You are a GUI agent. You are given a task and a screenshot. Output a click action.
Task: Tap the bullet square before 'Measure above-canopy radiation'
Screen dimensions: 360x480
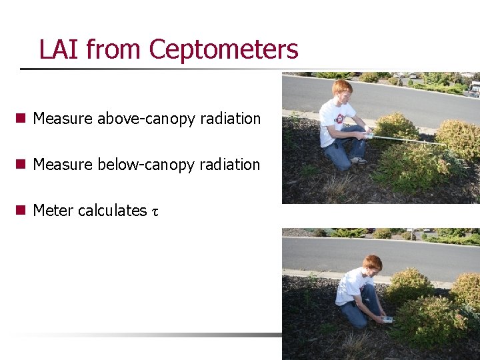coord(21,119)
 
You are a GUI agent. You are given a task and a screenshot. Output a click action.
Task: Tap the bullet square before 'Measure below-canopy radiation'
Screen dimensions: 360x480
coord(21,165)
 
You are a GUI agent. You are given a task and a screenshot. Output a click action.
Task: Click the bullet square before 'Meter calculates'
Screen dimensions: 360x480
coord(21,211)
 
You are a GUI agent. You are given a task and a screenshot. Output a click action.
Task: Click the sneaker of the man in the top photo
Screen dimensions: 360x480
coord(359,160)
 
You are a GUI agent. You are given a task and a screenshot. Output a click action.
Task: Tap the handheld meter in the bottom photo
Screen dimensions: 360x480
coord(386,320)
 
